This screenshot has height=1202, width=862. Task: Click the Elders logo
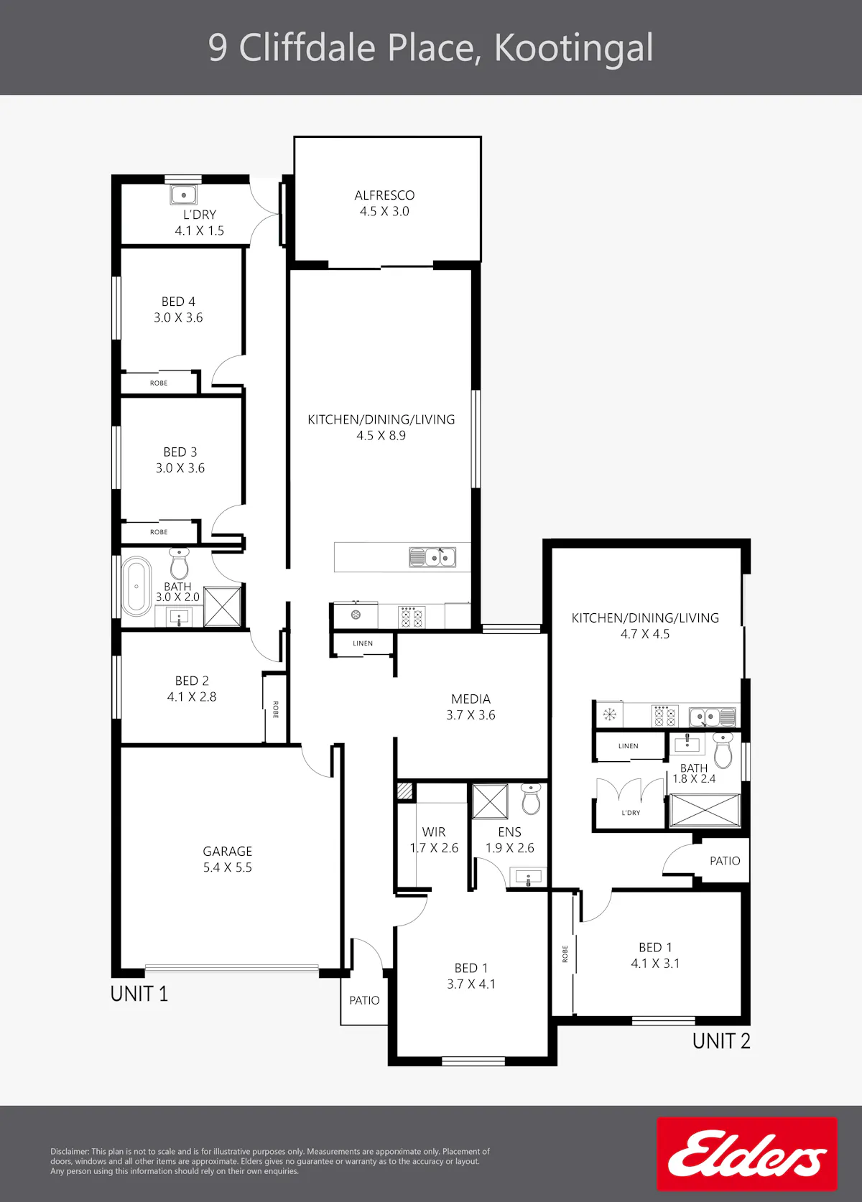pos(746,1154)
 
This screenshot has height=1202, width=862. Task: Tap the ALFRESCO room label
pos(384,195)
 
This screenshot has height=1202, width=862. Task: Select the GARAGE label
pos(227,851)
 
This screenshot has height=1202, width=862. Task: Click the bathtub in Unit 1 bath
pos(137,586)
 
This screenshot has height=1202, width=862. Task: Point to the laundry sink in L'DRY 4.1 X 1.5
pos(184,195)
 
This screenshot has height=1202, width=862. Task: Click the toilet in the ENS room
pos(531,798)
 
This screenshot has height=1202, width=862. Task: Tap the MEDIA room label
pos(471,699)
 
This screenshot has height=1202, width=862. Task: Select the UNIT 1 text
pos(139,994)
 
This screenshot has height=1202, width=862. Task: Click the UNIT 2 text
pos(721,1041)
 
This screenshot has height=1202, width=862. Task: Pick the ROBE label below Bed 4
pos(159,383)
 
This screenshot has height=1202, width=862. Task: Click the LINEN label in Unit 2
pos(628,746)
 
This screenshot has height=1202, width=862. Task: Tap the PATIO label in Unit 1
pos(364,1000)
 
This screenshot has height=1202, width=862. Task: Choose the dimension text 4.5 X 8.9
pos(381,436)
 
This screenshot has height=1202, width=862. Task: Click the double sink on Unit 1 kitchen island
pos(432,557)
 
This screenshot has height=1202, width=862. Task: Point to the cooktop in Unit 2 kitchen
pos(664,716)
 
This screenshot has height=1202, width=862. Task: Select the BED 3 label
pos(180,452)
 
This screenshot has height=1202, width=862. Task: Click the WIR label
pos(434,831)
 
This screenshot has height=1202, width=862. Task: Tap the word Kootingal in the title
pos(573,48)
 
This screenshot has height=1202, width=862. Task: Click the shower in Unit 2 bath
pos(705,810)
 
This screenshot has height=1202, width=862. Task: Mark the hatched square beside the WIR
pos(404,791)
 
